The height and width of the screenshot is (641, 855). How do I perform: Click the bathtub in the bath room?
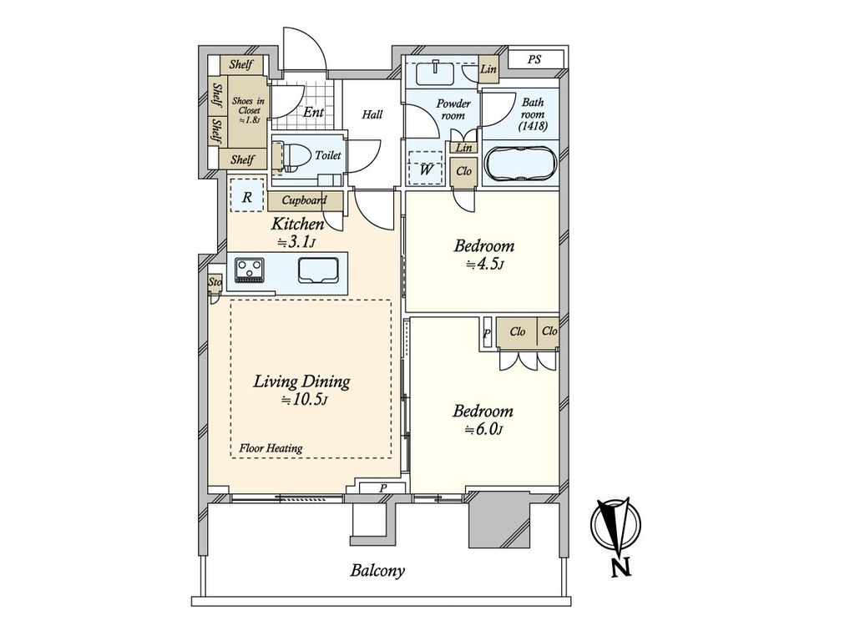[520, 164]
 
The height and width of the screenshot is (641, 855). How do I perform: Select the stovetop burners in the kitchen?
[249, 270]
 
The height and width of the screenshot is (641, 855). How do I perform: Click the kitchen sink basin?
[319, 270]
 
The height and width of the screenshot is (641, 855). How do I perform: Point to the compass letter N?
[621, 568]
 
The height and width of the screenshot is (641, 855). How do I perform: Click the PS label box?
[534, 59]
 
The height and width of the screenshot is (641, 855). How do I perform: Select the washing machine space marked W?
[426, 169]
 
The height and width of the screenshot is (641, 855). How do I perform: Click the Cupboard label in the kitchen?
[304, 200]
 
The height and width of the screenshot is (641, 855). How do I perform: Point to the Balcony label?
[378, 571]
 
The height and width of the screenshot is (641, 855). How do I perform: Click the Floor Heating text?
[271, 448]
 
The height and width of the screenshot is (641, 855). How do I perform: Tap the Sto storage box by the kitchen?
[215, 282]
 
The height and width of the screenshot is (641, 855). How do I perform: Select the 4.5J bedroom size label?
[484, 265]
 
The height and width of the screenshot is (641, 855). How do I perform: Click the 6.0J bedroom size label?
[483, 430]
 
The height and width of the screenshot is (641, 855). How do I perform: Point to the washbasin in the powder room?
[434, 73]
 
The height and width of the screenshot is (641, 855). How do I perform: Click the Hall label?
[372, 114]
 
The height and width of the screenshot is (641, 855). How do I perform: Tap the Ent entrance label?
[314, 113]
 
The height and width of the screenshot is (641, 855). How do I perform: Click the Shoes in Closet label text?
[248, 111]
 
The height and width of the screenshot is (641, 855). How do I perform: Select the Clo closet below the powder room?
[463, 172]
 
